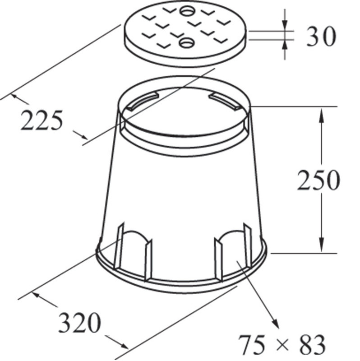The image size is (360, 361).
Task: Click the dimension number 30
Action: [321, 36]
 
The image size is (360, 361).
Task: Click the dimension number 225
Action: [42, 120]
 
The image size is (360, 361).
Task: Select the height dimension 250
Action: [318, 180]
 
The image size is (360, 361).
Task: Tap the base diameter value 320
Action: [80, 322]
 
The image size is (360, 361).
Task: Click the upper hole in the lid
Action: [187, 11]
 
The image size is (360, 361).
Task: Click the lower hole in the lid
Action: [187, 43]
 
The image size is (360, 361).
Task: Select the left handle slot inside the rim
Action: [143, 101]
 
